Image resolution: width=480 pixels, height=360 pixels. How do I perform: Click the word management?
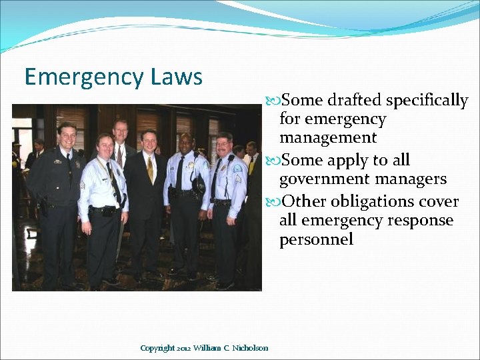point(328,138)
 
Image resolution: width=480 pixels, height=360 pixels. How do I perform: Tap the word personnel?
point(316,240)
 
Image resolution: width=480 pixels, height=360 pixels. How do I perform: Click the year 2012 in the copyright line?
point(183,348)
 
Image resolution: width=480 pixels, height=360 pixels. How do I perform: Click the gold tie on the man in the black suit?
point(151,169)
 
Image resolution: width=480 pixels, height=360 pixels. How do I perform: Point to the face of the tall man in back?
point(121,131)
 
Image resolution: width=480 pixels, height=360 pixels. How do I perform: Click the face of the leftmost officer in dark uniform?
point(67,136)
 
